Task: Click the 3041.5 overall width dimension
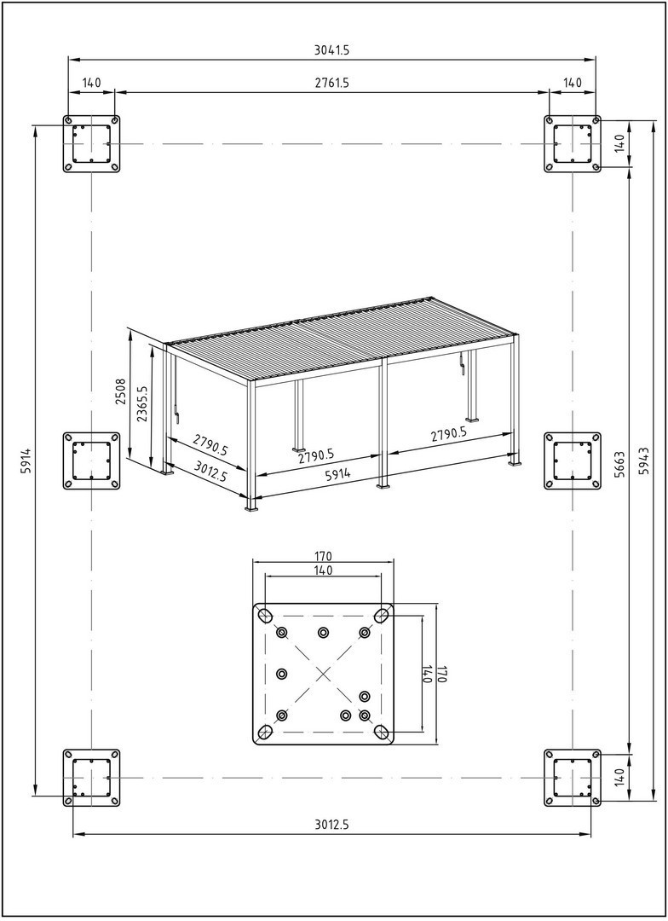pyautogui.click(x=331, y=50)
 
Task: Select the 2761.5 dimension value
pyautogui.click(x=331, y=83)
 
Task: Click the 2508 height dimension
pyautogui.click(x=121, y=394)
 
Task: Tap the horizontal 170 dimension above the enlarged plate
pyautogui.click(x=323, y=558)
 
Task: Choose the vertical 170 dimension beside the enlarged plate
pyautogui.click(x=441, y=673)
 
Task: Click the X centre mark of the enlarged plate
pyautogui.click(x=323, y=674)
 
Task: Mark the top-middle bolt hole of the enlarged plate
pyautogui.click(x=323, y=632)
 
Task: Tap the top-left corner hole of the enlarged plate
pyautogui.click(x=265, y=615)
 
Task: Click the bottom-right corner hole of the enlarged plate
pyautogui.click(x=382, y=732)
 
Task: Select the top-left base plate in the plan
pyautogui.click(x=91, y=143)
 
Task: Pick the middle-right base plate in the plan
pyautogui.click(x=573, y=460)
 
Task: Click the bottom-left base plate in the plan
pyautogui.click(x=91, y=778)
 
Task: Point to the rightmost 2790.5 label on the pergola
pyautogui.click(x=448, y=434)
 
